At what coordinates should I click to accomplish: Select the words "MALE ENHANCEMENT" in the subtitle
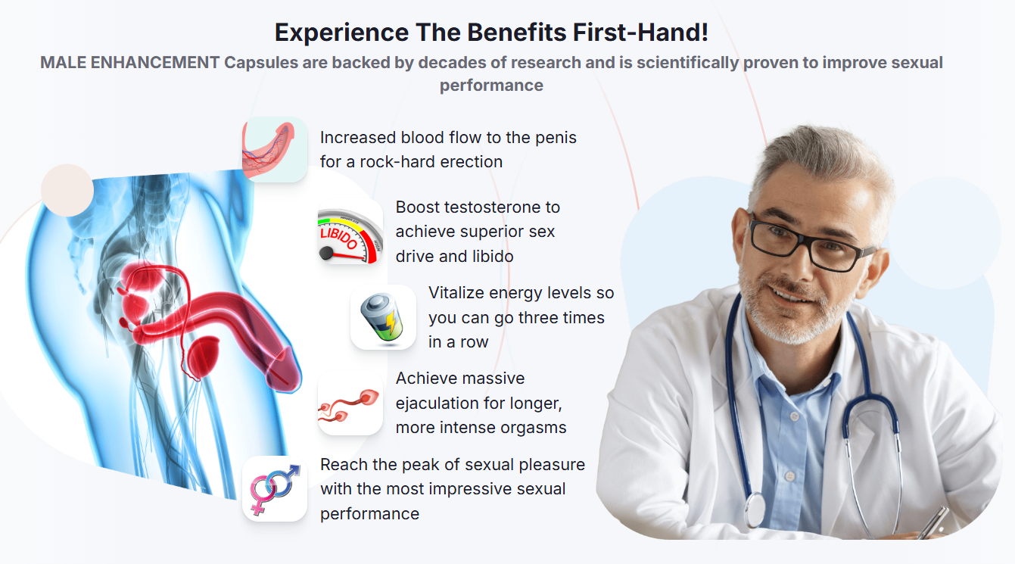[129, 63]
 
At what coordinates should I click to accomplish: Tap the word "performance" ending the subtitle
[491, 85]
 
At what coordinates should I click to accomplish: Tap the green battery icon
[383, 317]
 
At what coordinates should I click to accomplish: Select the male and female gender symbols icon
[275, 489]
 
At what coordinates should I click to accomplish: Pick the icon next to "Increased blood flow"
[275, 149]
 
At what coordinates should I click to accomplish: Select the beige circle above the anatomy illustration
[67, 190]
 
